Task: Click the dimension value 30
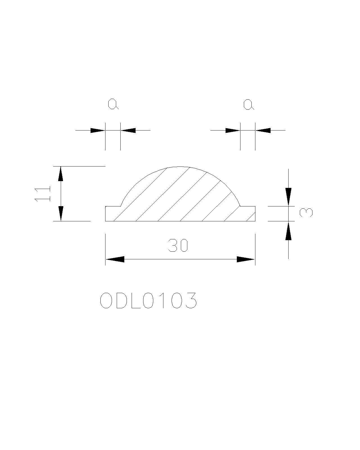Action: [178, 246]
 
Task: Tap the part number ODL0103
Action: [148, 300]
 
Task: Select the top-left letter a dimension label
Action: [113, 104]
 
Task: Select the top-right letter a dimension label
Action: [249, 105]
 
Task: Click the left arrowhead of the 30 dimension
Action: [115, 259]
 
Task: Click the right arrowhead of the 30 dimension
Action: [246, 259]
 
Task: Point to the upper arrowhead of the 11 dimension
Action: [61, 174]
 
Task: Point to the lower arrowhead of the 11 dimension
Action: [61, 213]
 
